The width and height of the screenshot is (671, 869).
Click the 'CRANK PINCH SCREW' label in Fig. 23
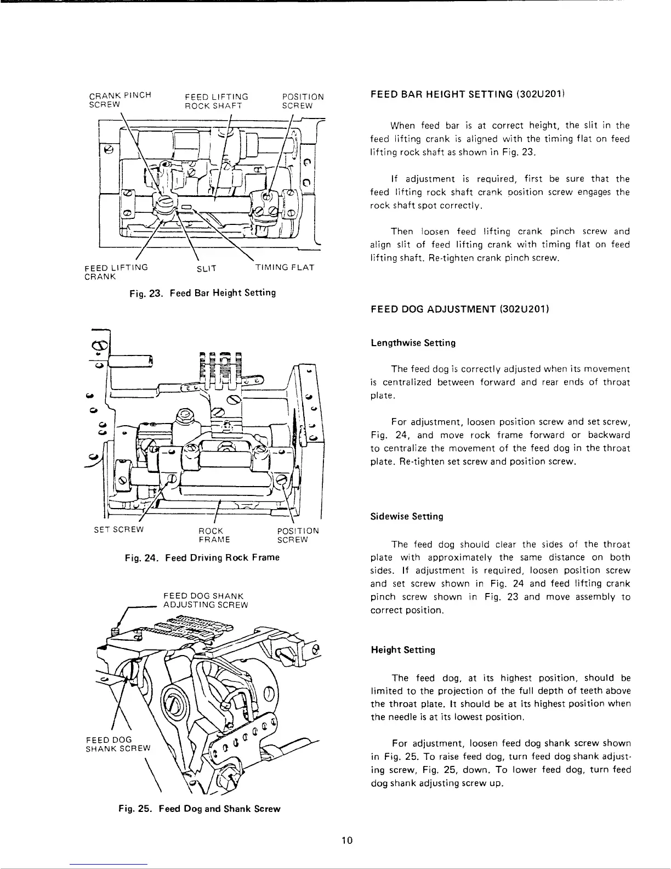coord(120,101)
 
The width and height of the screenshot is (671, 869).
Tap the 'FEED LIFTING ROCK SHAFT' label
coord(217,101)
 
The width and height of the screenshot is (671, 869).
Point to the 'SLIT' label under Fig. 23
coord(207,268)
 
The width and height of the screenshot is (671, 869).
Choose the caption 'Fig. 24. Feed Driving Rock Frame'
coord(202,557)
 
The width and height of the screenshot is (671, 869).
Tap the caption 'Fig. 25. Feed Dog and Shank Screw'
coord(200,809)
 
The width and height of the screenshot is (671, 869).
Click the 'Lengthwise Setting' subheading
coord(413,343)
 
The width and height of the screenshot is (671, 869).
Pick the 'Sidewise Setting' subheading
coord(407,517)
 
